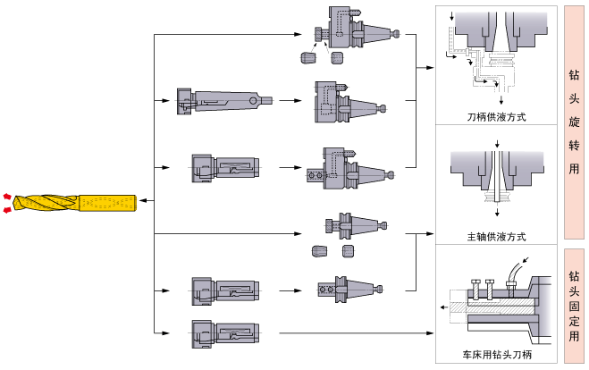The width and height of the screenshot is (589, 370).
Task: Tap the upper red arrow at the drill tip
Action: [8, 195]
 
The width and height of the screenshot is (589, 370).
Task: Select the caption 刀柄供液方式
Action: [496, 117]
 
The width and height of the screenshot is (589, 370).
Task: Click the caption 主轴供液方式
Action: [496, 237]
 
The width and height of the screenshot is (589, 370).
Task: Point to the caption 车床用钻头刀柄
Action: [496, 355]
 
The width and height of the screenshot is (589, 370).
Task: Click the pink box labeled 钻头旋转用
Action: [574, 122]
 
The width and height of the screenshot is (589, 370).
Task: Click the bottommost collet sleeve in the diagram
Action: [223, 332]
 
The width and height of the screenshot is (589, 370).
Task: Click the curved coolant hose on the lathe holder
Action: [518, 268]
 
